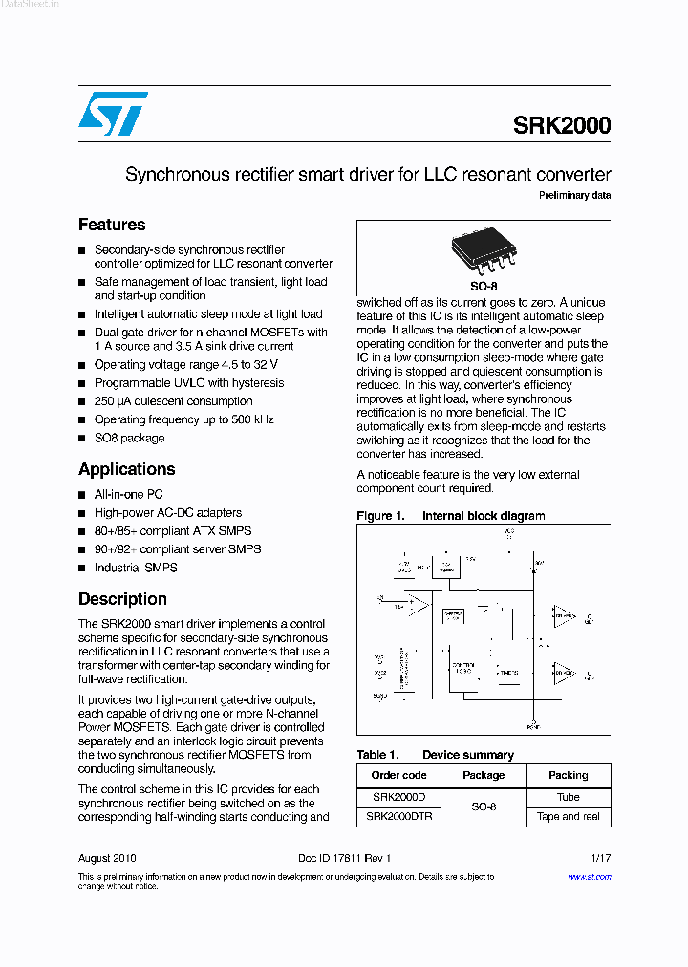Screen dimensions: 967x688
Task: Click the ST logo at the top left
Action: click(113, 114)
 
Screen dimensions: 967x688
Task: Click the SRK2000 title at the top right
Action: click(562, 125)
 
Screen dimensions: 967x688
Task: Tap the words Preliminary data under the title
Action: click(574, 195)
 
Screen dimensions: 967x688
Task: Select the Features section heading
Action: click(112, 225)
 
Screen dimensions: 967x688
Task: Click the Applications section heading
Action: click(126, 469)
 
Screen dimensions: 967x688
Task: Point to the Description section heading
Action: click(122, 599)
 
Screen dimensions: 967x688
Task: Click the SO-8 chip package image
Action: click(484, 252)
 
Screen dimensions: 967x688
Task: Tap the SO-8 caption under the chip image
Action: click(484, 286)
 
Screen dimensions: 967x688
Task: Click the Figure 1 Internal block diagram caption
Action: click(451, 516)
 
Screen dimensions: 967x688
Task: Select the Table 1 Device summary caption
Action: click(435, 755)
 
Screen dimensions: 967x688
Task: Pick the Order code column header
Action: click(398, 775)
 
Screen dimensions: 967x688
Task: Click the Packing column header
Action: click(568, 775)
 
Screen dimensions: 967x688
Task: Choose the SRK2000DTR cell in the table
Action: click(398, 817)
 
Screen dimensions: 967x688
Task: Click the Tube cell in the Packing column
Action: click(568, 797)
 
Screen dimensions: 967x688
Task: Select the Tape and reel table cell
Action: click(568, 817)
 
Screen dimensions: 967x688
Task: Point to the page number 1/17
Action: click(600, 858)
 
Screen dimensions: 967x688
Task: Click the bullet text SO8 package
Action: click(129, 438)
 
